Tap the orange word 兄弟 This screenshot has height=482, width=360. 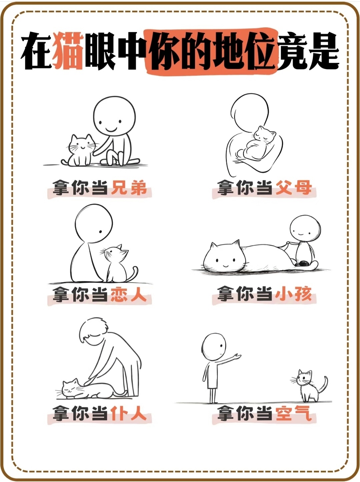click(129, 188)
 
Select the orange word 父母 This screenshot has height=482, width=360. click(294, 188)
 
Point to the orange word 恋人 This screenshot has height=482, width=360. click(129, 294)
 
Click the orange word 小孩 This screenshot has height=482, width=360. click(294, 294)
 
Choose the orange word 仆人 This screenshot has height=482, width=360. click(129, 413)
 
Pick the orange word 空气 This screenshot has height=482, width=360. click(294, 413)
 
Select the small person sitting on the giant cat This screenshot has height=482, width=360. click(304, 241)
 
